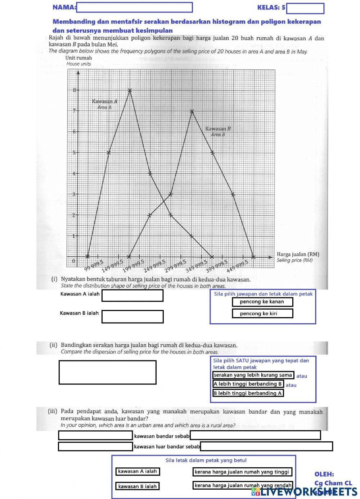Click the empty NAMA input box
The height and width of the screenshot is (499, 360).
[x=134, y=7]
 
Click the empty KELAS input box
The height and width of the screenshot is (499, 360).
[x=305, y=8]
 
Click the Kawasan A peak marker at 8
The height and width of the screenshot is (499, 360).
[x=130, y=90]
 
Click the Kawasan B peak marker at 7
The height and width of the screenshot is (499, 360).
[x=192, y=111]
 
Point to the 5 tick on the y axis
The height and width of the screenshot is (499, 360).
[x=75, y=152]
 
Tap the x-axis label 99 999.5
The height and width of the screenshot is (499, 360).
[x=94, y=266]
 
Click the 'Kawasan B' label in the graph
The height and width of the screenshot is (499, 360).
[x=218, y=129]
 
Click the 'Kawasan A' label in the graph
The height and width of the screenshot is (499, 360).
[x=104, y=102]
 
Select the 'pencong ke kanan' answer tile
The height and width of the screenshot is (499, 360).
[x=262, y=302]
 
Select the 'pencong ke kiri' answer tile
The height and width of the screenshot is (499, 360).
[x=262, y=314]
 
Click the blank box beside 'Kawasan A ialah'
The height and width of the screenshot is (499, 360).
[x=132, y=296]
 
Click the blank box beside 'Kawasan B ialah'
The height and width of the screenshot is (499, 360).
[x=132, y=316]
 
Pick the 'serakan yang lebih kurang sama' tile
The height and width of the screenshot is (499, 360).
[x=253, y=375]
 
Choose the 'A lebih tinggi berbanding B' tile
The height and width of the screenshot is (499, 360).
[x=248, y=384]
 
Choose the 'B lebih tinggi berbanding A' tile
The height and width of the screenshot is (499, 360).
[x=248, y=393]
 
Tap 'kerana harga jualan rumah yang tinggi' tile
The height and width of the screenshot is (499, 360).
[x=242, y=472]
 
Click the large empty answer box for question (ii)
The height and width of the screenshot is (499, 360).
[x=107, y=372]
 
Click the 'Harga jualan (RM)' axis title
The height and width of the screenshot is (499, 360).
[x=298, y=255]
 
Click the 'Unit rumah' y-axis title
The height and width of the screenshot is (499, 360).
[x=78, y=58]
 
